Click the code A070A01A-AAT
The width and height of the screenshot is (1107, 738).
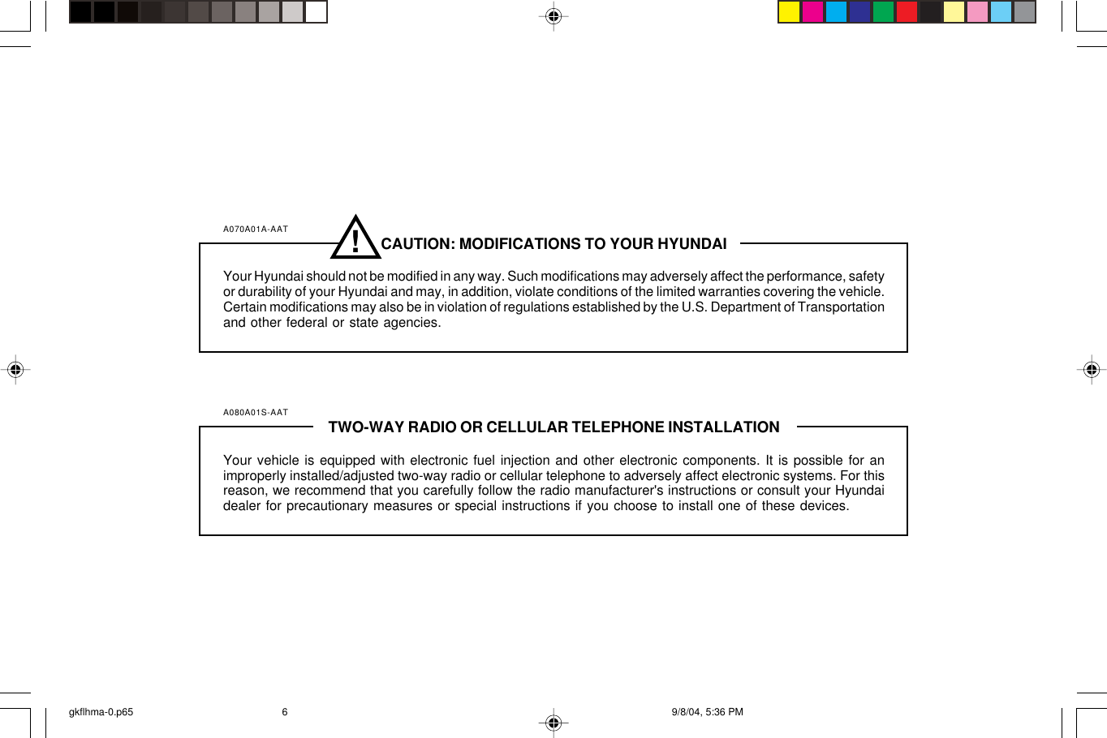click(x=256, y=230)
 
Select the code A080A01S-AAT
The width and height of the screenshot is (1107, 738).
click(x=256, y=413)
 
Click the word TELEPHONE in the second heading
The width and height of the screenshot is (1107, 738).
click(x=618, y=427)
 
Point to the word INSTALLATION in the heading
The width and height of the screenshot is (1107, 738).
click(x=723, y=427)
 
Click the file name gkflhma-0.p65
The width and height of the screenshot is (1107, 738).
click(x=101, y=712)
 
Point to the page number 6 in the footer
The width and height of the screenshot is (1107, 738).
click(x=285, y=712)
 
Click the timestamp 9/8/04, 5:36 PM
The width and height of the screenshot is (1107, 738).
click(x=707, y=712)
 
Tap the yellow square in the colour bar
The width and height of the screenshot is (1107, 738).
click(x=789, y=12)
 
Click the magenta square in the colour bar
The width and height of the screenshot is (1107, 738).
click(x=812, y=12)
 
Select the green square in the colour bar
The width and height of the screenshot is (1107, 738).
click(x=883, y=12)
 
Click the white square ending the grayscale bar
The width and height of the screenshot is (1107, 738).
click(x=316, y=12)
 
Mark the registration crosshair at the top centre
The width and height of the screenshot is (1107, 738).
click(x=553, y=16)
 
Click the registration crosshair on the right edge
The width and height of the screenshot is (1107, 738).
click(x=1092, y=371)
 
